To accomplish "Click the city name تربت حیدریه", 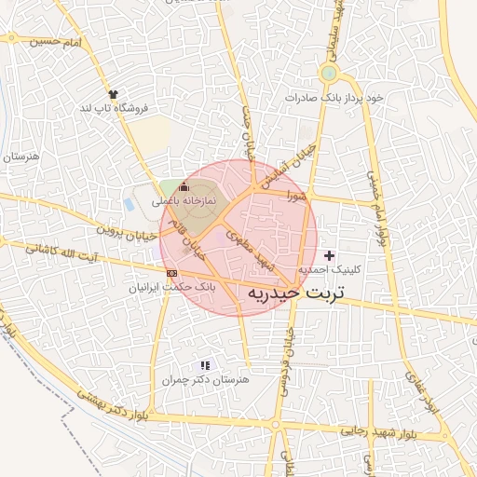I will coord(296,293).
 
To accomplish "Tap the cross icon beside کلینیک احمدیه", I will coord(329,255).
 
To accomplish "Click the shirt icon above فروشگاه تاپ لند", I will coord(114,94).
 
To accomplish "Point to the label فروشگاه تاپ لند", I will coord(115,109).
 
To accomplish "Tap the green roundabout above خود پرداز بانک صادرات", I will coord(328,72).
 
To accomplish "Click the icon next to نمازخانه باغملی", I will coord(183,190).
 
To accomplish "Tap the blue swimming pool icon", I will coord(129,203).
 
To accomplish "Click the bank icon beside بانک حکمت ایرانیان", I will coord(171,272).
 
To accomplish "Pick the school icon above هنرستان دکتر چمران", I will coord(205,364).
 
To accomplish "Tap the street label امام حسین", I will coord(57,43).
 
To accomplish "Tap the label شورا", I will coord(296,197).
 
